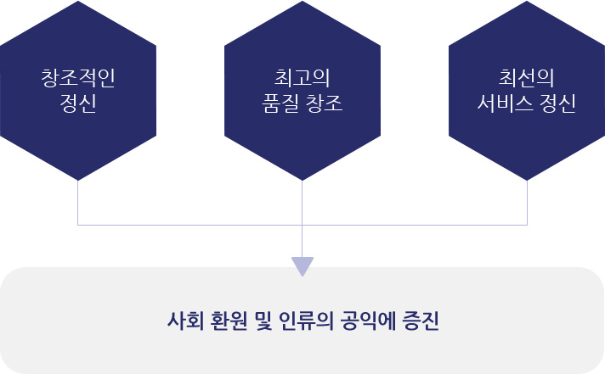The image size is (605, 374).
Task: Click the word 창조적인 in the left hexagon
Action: pos(78,78)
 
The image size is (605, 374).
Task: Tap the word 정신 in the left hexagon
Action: pos(78,103)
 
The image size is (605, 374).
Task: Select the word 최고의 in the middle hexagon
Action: pos(302,78)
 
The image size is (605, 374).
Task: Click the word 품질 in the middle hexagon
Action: pos(280,103)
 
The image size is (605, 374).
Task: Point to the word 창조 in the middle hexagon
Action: pos(325,103)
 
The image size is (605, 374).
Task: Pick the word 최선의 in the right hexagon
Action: pos(527,78)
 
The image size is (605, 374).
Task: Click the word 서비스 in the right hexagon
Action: pos(505,103)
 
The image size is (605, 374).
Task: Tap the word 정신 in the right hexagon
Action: pos(558,103)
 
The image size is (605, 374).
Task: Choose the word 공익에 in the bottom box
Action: pos(369,321)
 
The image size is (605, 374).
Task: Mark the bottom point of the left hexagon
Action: pos(78,181)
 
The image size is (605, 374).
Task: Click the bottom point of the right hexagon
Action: pos(527,181)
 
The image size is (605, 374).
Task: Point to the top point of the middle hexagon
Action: pos(302,1)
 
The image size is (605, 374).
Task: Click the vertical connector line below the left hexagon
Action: pos(78,203)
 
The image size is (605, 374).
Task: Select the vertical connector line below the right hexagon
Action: pos(527,203)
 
